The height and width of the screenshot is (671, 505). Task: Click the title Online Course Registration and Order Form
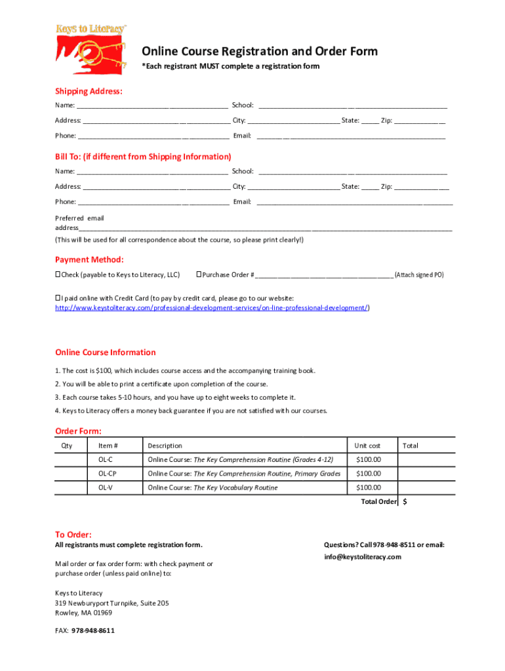pyautogui.click(x=260, y=52)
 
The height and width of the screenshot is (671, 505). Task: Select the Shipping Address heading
pyautogui.click(x=89, y=91)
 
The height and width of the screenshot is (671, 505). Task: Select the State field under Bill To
pyautogui.click(x=370, y=187)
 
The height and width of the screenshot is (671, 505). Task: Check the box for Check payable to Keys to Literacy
pyautogui.click(x=58, y=275)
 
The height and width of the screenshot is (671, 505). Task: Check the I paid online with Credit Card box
pyautogui.click(x=58, y=298)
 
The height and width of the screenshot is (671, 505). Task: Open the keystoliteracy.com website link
pyautogui.click(x=211, y=308)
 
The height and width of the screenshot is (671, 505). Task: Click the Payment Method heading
pyautogui.click(x=89, y=259)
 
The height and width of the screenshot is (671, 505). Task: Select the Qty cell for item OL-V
pyautogui.click(x=70, y=488)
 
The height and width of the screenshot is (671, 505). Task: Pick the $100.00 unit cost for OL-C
pyautogui.click(x=368, y=459)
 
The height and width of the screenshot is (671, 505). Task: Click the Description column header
pyautogui.click(x=165, y=446)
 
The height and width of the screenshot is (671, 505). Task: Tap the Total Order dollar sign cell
pyautogui.click(x=420, y=502)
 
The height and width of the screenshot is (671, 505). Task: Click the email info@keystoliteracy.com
pyautogui.click(x=362, y=557)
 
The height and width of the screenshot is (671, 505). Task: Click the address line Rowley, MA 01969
pyautogui.click(x=83, y=613)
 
